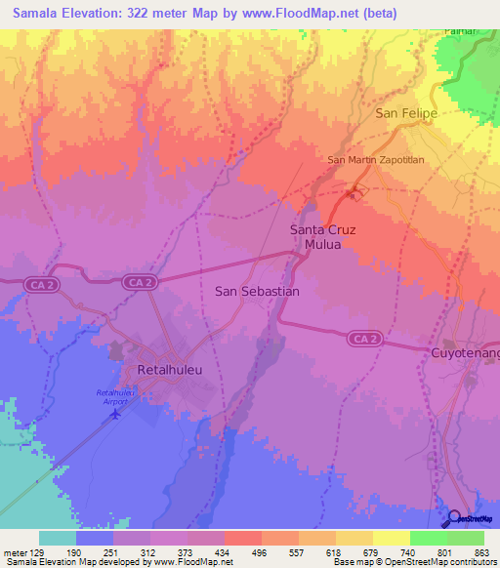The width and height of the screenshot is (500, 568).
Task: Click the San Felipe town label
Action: tap(405, 114)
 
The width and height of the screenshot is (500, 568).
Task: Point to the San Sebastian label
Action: tap(257, 291)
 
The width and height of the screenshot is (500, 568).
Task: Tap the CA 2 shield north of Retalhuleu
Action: tap(141, 282)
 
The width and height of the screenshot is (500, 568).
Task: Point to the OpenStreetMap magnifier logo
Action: tap(455, 518)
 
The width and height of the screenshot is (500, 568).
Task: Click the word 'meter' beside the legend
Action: tap(14, 551)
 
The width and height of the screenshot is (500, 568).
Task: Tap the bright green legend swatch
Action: tap(428, 538)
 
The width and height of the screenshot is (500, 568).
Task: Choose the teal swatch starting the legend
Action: tap(58, 538)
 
